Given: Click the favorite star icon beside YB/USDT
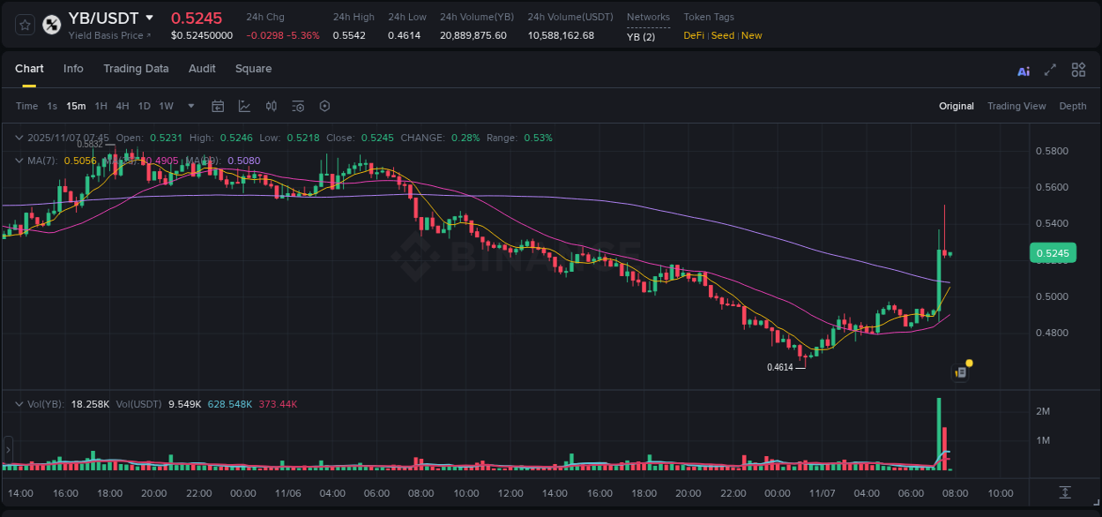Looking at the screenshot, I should click(x=26, y=25).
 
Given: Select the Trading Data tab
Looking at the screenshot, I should click(x=136, y=69).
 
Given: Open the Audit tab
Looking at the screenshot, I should click(x=202, y=69).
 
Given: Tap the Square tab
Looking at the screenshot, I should click(x=253, y=69).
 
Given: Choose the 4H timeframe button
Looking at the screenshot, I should click(x=123, y=106).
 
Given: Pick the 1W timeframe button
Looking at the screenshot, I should click(x=166, y=106).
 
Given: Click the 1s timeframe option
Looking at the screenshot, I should click(x=52, y=106).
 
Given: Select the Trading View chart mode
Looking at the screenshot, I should click(x=1016, y=106).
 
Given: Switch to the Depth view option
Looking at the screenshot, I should click(x=1073, y=106).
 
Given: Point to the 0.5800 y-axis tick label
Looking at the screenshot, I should click(x=1050, y=151).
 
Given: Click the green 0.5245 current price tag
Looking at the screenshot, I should click(x=1052, y=254).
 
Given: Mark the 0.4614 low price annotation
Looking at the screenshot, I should click(x=779, y=367).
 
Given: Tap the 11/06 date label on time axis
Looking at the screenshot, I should click(x=287, y=493).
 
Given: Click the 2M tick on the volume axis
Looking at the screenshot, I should click(x=1042, y=411).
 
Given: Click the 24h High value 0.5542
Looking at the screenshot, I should click(x=349, y=35).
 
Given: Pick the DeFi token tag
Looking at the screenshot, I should click(x=694, y=35).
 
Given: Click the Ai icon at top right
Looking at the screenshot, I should click(x=1024, y=71).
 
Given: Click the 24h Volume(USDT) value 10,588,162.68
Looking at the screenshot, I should click(x=561, y=35).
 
